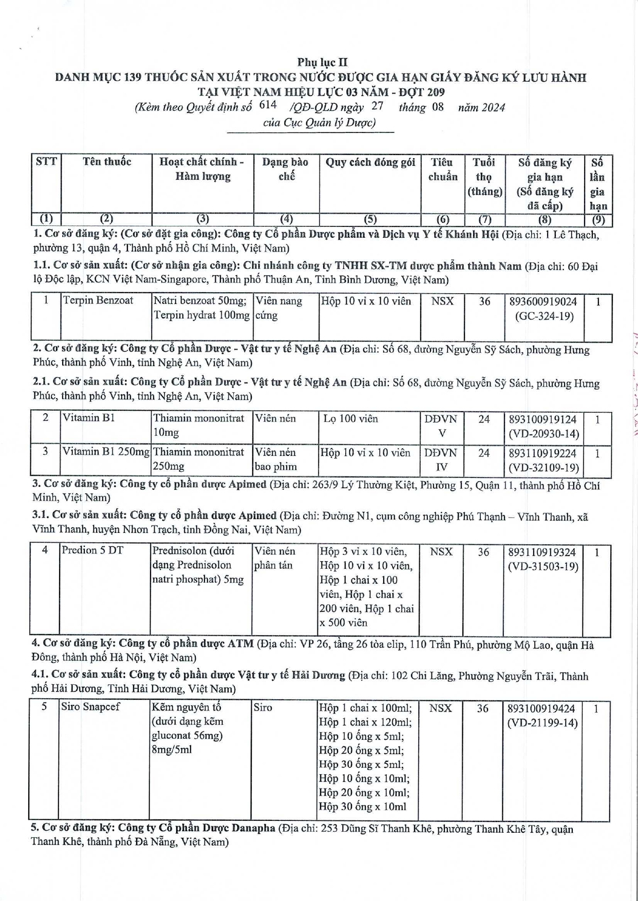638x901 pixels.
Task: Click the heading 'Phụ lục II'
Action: [x=322, y=62]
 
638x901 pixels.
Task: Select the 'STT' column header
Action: [x=46, y=162]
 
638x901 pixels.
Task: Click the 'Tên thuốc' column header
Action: [x=107, y=162]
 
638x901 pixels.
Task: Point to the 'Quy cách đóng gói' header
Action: [x=370, y=162]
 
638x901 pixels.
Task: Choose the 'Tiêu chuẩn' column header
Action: [x=442, y=169]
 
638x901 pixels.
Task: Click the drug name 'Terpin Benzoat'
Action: [x=98, y=300]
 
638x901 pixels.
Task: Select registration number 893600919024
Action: [x=543, y=301]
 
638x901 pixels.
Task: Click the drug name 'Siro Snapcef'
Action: [x=90, y=706]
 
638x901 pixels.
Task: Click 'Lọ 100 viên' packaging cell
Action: [x=350, y=418]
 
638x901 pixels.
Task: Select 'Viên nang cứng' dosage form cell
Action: [x=279, y=308]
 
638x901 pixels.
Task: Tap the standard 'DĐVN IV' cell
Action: [x=441, y=459]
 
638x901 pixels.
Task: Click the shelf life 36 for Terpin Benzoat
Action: [x=484, y=301]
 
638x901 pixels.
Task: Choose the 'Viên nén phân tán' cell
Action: [x=274, y=558]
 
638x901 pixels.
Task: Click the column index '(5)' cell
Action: [x=370, y=219]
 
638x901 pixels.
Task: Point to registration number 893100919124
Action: [x=543, y=419]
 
